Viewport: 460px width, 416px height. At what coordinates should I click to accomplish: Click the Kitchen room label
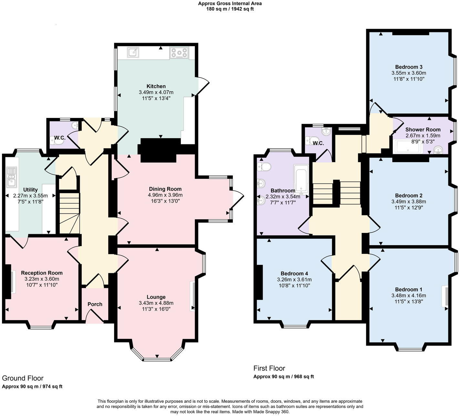156,86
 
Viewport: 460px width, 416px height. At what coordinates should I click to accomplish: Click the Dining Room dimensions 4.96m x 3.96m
165,195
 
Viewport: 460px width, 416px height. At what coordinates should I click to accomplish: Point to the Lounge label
156,297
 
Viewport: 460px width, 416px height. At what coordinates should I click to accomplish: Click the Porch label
95,304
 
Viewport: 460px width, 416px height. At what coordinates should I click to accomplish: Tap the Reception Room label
42,273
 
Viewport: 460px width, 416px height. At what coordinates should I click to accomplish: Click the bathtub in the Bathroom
301,178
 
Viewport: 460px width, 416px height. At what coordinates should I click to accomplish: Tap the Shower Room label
423,130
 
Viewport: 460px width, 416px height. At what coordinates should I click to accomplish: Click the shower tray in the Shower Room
407,147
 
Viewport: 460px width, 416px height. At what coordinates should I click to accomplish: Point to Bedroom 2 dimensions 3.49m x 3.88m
409,202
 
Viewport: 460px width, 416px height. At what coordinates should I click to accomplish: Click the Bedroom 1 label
408,289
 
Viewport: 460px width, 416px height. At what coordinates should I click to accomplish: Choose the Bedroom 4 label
294,273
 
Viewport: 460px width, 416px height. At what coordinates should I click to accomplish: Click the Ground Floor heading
23,378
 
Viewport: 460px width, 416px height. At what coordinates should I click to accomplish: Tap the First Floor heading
269,368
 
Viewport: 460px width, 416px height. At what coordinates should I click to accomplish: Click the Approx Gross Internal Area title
230,4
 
